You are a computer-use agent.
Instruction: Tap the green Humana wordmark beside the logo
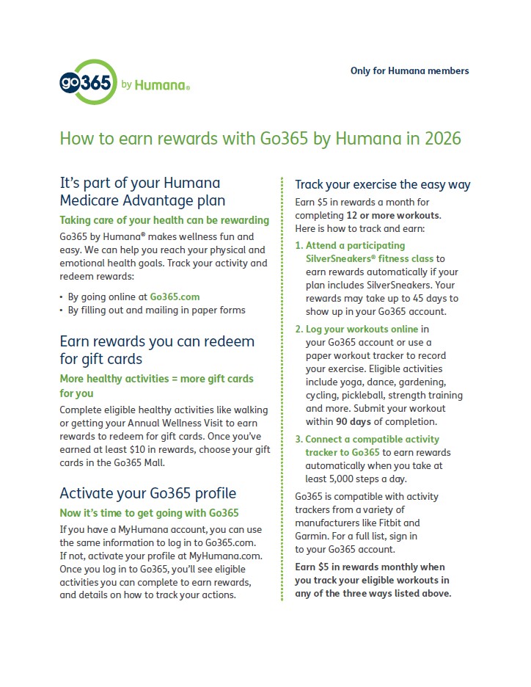[162, 85]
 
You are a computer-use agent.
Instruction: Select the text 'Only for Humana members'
[409, 71]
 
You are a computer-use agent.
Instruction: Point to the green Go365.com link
[175, 297]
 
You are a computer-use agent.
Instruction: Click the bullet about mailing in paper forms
[156, 310]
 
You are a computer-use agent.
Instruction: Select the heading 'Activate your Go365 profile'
[147, 492]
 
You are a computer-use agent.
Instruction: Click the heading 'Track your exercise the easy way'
[382, 184]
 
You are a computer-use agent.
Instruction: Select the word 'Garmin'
[312, 537]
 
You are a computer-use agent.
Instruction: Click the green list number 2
[299, 329]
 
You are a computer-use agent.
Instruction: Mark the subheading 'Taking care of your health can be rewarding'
[164, 220]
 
